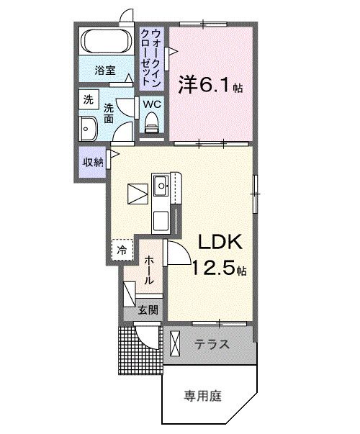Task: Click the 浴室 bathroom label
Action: click(x=105, y=70)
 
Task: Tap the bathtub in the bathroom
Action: click(x=107, y=42)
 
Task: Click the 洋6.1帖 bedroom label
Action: click(x=210, y=85)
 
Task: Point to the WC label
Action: click(x=152, y=104)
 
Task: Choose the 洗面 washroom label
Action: click(x=109, y=112)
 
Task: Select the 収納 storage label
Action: click(x=92, y=161)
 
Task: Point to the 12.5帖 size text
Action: click(x=219, y=271)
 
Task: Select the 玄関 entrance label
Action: click(x=148, y=311)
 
